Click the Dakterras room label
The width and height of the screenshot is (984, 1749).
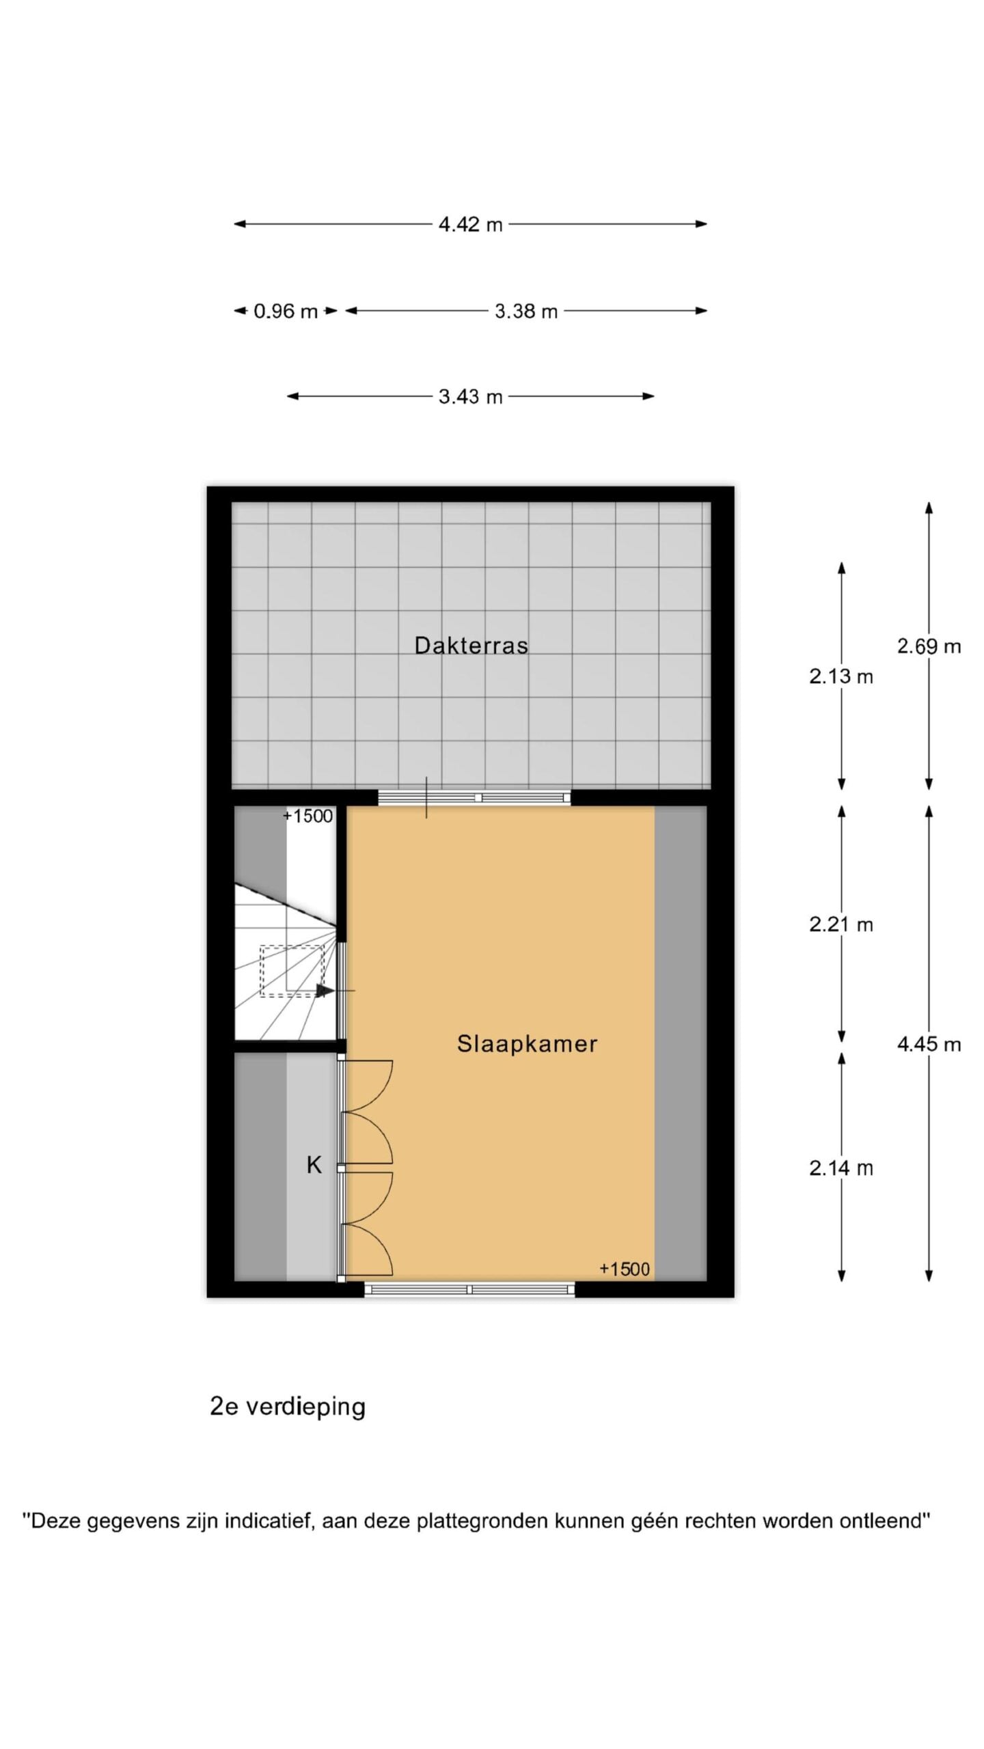click(x=471, y=646)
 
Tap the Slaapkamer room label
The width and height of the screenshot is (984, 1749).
click(x=527, y=1043)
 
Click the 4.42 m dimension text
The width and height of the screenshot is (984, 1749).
click(x=470, y=224)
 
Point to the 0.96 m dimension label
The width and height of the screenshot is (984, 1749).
click(x=286, y=312)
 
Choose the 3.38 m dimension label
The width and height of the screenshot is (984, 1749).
click(x=526, y=312)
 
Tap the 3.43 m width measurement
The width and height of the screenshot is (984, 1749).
click(x=470, y=396)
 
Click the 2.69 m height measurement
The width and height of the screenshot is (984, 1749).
click(x=929, y=646)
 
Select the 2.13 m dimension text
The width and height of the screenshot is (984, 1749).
click(x=841, y=676)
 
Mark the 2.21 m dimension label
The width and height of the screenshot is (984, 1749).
click(x=841, y=924)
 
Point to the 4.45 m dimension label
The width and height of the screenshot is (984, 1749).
click(x=929, y=1044)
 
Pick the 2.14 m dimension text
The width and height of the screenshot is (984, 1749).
click(x=841, y=1168)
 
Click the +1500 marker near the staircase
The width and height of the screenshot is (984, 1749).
click(x=308, y=816)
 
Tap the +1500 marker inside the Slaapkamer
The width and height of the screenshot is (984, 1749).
click(x=625, y=1269)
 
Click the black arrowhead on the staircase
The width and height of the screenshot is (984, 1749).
click(x=325, y=990)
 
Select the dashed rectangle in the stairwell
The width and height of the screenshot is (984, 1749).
click(x=292, y=971)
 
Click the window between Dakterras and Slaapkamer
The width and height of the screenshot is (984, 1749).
click(x=474, y=797)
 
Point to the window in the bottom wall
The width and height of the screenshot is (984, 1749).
click(x=469, y=1289)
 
